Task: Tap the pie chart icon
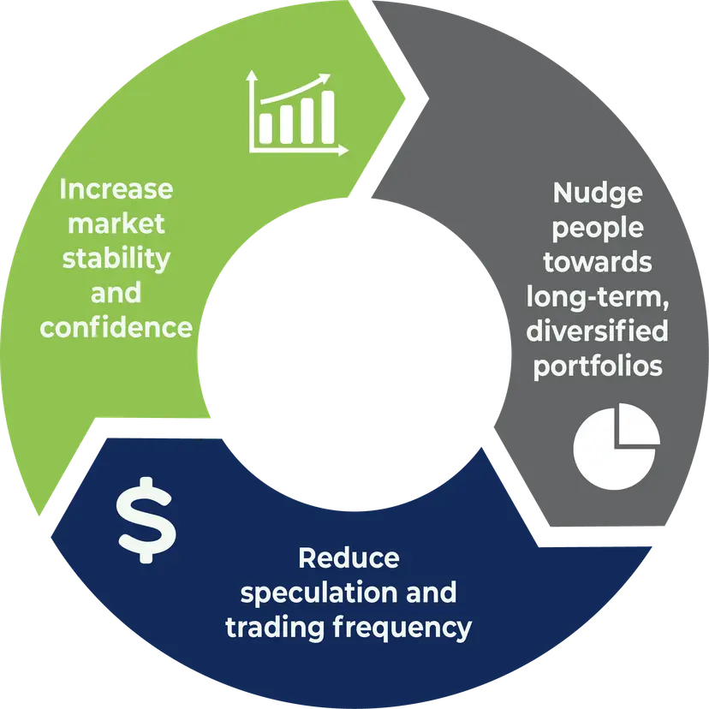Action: (616, 446)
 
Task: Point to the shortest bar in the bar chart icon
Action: (267, 128)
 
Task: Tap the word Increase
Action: (116, 189)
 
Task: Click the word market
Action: (116, 224)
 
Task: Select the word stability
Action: (116, 259)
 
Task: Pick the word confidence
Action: (116, 328)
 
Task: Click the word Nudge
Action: (598, 193)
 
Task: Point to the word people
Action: (598, 228)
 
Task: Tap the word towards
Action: (598, 262)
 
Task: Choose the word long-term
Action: (596, 297)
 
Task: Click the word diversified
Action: (598, 331)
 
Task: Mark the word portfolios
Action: (598, 366)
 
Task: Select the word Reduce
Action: (349, 558)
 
